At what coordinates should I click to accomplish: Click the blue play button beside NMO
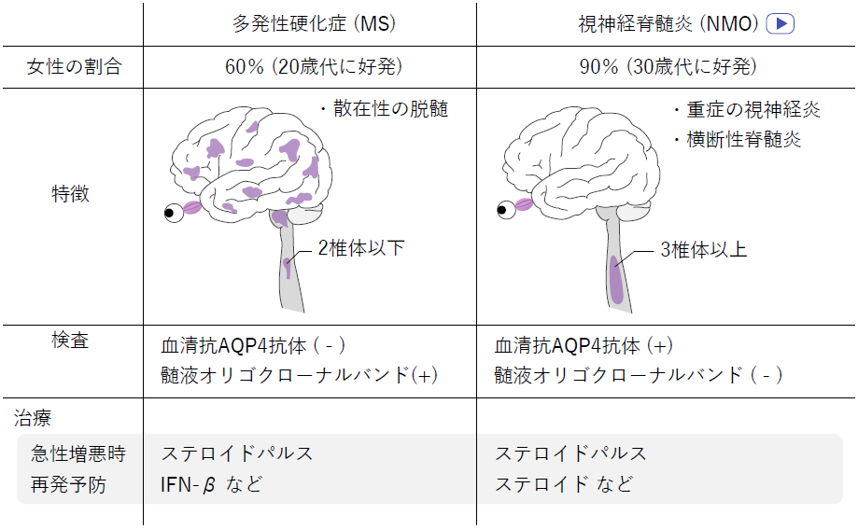pyautogui.click(x=780, y=23)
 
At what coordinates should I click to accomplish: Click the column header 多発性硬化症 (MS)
pyautogui.click(x=314, y=23)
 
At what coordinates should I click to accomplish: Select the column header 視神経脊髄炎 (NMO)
pyautogui.click(x=668, y=23)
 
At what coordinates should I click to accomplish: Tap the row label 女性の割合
pyautogui.click(x=74, y=67)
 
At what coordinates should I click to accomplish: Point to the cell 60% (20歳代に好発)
pyautogui.click(x=314, y=67)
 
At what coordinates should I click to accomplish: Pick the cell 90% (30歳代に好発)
pyautogui.click(x=668, y=67)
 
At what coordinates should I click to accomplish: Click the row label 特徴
pyautogui.click(x=71, y=194)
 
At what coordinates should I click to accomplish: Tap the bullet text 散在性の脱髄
pyautogui.click(x=390, y=109)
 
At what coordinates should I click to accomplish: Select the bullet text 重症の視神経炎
pyautogui.click(x=753, y=109)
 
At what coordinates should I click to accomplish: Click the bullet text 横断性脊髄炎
pyautogui.click(x=744, y=140)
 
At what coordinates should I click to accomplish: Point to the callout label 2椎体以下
pyautogui.click(x=361, y=248)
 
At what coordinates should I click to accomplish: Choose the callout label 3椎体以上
pyautogui.click(x=704, y=250)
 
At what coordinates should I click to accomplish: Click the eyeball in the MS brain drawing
pyautogui.click(x=174, y=213)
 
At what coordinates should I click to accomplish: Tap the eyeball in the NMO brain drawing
pyautogui.click(x=506, y=209)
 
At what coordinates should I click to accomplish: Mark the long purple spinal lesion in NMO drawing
pyautogui.click(x=616, y=280)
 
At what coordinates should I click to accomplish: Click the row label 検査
pyautogui.click(x=70, y=341)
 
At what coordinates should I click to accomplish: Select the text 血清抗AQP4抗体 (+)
pyautogui.click(x=584, y=346)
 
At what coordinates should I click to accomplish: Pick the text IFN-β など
pyautogui.click(x=211, y=484)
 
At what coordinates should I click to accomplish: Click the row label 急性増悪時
pyautogui.click(x=78, y=453)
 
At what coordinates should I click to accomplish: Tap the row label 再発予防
pyautogui.click(x=68, y=485)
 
